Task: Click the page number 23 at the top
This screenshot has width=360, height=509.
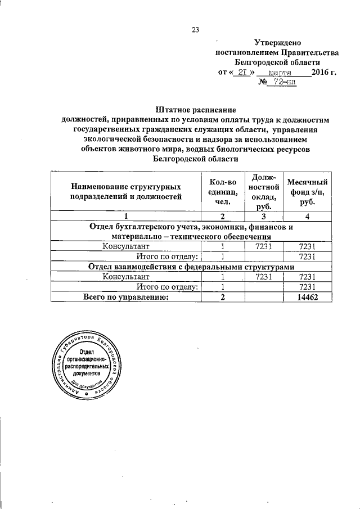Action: click(195, 30)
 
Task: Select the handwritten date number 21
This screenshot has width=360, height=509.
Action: click(244, 73)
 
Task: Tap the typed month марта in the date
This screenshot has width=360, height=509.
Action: click(280, 73)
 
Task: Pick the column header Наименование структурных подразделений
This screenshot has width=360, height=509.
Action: click(126, 191)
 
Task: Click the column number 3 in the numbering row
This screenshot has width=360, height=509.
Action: click(263, 217)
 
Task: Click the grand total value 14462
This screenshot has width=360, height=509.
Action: click(307, 298)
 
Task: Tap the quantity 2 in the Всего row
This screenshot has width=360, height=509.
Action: click(223, 298)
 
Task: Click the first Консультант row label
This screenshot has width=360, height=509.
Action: click(126, 247)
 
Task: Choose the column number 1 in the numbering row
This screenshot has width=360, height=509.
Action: click(126, 217)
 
